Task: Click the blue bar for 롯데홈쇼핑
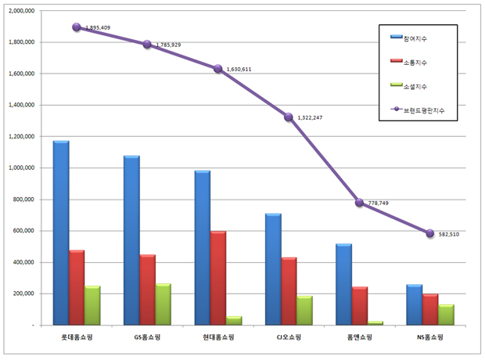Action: (61, 232)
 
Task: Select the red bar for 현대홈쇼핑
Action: (218, 278)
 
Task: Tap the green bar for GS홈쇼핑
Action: (163, 304)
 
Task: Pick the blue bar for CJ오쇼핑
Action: (273, 269)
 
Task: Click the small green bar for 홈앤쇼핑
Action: (375, 323)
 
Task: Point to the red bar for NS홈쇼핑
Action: (430, 310)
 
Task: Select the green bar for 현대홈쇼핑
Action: (234, 321)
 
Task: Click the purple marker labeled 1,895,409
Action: (77, 27)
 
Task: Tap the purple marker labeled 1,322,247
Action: (289, 117)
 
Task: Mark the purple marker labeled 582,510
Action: (430, 233)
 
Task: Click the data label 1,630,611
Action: (239, 70)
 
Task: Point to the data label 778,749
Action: (379, 203)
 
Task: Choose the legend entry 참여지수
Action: (408, 38)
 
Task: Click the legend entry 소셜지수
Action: (408, 86)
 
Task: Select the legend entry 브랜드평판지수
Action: (418, 110)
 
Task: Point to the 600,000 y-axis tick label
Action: (23, 231)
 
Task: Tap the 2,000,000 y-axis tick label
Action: (21, 10)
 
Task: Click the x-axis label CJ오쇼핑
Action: (289, 337)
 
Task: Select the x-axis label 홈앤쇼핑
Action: (359, 337)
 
